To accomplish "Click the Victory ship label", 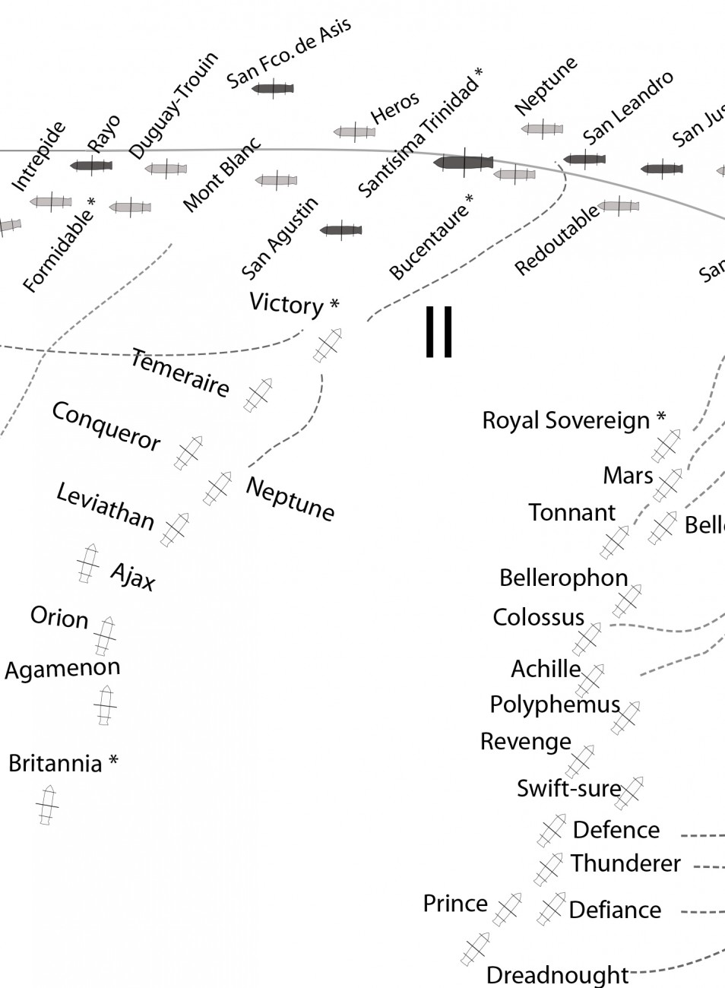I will [287, 304].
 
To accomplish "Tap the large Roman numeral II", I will [439, 332].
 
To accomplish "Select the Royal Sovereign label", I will [566, 420].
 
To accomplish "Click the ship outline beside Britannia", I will [47, 805].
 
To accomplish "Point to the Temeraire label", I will [180, 372].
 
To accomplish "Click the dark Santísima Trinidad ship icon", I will [463, 162].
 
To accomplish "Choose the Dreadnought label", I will [557, 974].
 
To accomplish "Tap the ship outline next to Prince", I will [507, 910].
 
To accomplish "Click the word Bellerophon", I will [563, 578].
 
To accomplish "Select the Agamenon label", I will [62, 669].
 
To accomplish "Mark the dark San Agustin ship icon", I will [340, 230].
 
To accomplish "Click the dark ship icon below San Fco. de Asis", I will [272, 89].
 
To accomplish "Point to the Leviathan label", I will [106, 507].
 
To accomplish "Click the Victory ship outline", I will [328, 345].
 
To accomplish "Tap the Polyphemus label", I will [555, 705].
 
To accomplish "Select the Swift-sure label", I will [568, 789].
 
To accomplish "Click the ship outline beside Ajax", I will [89, 563].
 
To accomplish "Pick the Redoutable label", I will [557, 240].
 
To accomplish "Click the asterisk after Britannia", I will [113, 761].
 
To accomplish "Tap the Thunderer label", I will [625, 863].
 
